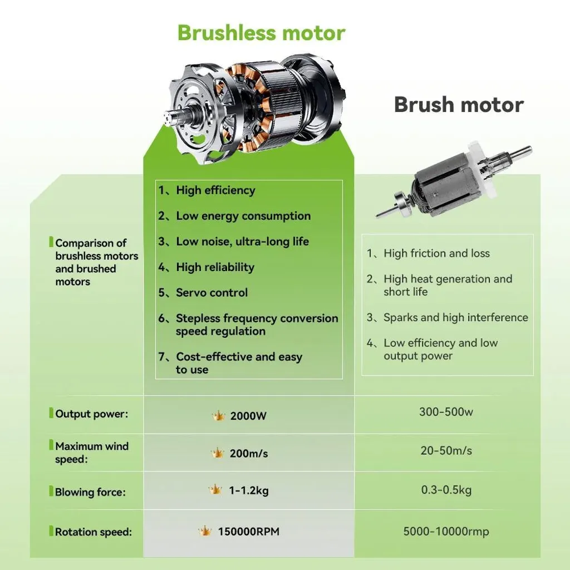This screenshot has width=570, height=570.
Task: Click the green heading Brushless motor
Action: (262, 33)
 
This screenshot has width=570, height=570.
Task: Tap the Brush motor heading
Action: (459, 105)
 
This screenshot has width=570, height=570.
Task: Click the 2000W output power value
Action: (248, 416)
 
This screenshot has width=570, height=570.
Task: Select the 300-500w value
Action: (446, 412)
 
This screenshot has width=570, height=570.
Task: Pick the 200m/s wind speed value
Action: (249, 453)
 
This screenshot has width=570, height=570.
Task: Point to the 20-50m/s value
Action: (446, 451)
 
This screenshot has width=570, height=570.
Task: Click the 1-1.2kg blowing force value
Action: (249, 491)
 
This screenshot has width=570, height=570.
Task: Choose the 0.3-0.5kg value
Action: (446, 490)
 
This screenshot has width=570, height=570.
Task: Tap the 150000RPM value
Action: (249, 532)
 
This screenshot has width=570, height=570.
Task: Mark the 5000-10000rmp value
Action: (446, 532)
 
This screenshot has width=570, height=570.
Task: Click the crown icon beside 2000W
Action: (218, 415)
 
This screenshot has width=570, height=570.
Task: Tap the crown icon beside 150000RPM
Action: (205, 531)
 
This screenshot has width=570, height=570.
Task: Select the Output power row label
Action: (92, 414)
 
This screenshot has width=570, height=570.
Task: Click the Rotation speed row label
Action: (93, 532)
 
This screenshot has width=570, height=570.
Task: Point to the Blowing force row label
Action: (90, 492)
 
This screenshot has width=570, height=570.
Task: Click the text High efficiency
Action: (215, 190)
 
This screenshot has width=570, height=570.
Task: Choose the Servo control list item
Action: (212, 293)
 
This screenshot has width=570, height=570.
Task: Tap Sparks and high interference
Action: (456, 317)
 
